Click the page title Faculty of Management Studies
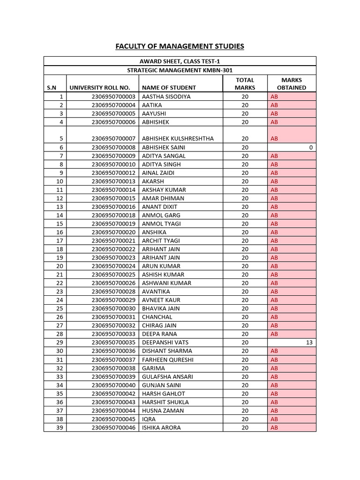[180, 46]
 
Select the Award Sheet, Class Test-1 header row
[180, 61]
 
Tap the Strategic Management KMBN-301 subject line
[180, 70]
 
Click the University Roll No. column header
[103, 87]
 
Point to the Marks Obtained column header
[292, 83]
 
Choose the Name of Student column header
[169, 87]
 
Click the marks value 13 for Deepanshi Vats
[308, 343]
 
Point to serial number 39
[59, 427]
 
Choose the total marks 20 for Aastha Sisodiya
[245, 97]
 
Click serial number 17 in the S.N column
[59, 240]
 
